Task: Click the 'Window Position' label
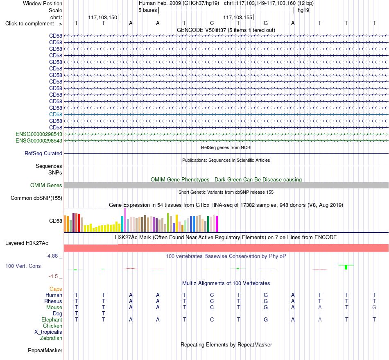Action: coord(43,3)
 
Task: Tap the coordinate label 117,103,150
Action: coord(102,17)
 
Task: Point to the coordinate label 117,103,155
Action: coord(237,17)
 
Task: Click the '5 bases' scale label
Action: coord(147,10)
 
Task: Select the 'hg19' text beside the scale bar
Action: coord(303,10)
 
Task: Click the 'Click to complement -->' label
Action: coord(34,24)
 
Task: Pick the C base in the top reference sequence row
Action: coord(212,23)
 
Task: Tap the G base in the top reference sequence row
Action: coord(266,23)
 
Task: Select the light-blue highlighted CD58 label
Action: coord(56,114)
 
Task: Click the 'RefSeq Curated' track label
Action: coord(43,153)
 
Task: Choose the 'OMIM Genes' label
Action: coord(46,186)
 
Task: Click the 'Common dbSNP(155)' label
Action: coord(36,198)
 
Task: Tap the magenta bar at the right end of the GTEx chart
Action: coord(217,224)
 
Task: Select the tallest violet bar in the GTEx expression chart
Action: coord(125,220)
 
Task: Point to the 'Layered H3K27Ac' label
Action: coord(27,243)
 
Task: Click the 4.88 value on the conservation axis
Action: coord(52,256)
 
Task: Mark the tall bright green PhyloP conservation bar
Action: coord(346,267)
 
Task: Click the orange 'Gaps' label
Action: coord(56,289)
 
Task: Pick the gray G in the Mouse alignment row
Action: coord(374,308)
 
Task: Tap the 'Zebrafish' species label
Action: coord(51,338)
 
